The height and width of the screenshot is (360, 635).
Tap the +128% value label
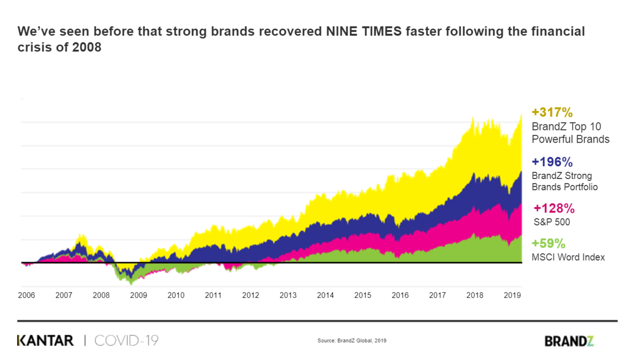[554, 208]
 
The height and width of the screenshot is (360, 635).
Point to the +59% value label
[548, 243]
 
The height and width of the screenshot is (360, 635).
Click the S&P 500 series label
[552, 222]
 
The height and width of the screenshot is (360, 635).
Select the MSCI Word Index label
[568, 257]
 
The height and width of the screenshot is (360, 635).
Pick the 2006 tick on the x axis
[26, 295]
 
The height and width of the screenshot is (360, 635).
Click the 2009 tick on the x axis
[138, 295]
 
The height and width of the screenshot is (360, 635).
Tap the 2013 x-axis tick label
[288, 295]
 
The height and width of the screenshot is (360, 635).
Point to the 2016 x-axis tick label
[400, 295]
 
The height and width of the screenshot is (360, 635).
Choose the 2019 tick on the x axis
[512, 295]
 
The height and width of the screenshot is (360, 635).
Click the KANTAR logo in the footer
[45, 341]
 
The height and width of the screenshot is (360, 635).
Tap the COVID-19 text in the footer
[126, 341]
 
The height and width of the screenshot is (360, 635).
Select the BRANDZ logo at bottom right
[569, 341]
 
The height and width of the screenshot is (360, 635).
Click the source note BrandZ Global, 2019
[352, 341]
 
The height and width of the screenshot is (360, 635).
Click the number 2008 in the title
[87, 47]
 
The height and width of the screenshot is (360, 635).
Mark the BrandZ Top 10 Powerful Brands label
[570, 133]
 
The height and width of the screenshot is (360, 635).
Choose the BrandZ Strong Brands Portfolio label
[565, 181]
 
